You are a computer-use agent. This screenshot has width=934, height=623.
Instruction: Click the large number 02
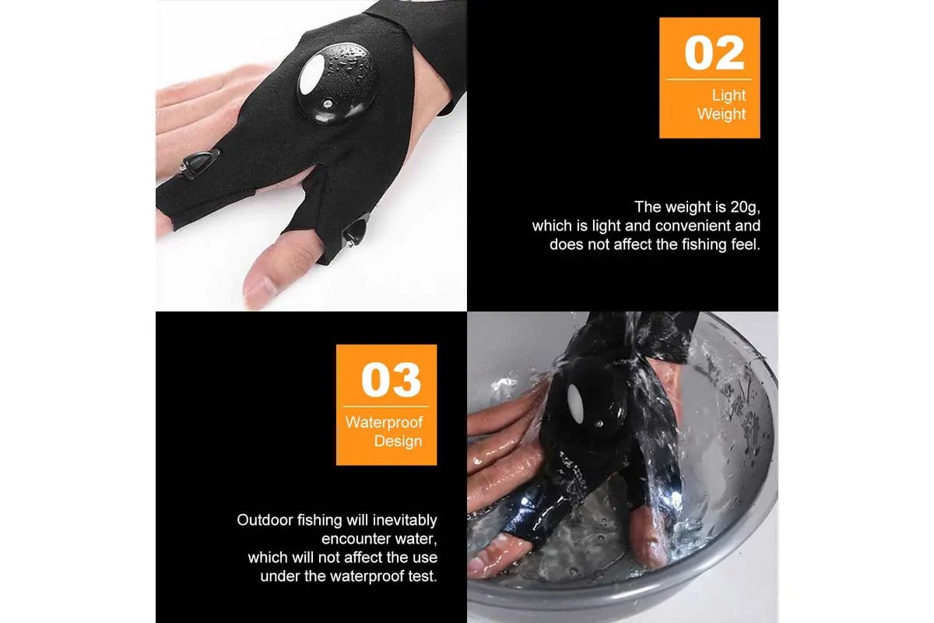click(715, 53)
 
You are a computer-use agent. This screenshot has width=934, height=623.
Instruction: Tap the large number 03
click(391, 380)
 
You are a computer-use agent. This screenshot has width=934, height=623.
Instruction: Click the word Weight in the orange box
click(722, 114)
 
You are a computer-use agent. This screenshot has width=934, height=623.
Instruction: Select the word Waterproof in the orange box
click(384, 422)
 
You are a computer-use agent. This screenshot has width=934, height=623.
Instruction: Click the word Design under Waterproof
click(399, 441)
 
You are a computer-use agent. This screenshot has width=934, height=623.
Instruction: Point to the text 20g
click(745, 207)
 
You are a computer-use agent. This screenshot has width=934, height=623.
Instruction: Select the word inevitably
click(405, 520)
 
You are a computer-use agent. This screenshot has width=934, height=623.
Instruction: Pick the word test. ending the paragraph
click(423, 576)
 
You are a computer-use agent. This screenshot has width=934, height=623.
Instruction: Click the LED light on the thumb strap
click(355, 233)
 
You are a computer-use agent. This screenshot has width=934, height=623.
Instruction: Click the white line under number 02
click(709, 79)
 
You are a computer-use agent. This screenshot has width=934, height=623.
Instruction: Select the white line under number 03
click(386, 407)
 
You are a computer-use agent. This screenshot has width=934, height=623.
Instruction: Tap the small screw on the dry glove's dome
click(328, 103)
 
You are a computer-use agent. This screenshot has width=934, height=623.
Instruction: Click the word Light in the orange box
click(729, 96)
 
